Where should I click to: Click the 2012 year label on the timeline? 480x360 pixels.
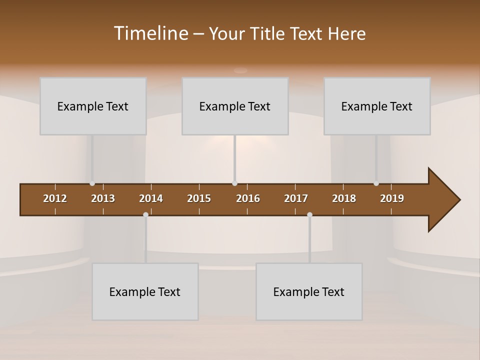(x=55, y=198)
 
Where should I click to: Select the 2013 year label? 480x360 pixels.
(x=103, y=198)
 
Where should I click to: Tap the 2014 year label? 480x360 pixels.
(x=151, y=198)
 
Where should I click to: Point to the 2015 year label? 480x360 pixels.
(x=199, y=198)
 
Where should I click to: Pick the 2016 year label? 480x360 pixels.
(x=248, y=198)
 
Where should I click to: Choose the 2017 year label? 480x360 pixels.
(x=296, y=198)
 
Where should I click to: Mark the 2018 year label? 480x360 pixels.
(x=344, y=198)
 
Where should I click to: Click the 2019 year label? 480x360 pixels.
(x=392, y=198)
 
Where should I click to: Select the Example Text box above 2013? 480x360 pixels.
(x=93, y=106)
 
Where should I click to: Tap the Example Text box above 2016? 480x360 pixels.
(x=235, y=106)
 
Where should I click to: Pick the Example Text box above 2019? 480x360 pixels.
(x=377, y=106)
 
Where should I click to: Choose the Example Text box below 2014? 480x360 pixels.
(x=145, y=291)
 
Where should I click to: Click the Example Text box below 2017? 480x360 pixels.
(x=309, y=291)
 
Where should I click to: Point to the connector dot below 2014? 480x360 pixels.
(x=145, y=214)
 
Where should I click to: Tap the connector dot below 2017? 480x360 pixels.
(x=309, y=214)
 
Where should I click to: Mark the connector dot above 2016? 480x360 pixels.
(x=234, y=183)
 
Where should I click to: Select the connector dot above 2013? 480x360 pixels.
(x=92, y=183)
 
